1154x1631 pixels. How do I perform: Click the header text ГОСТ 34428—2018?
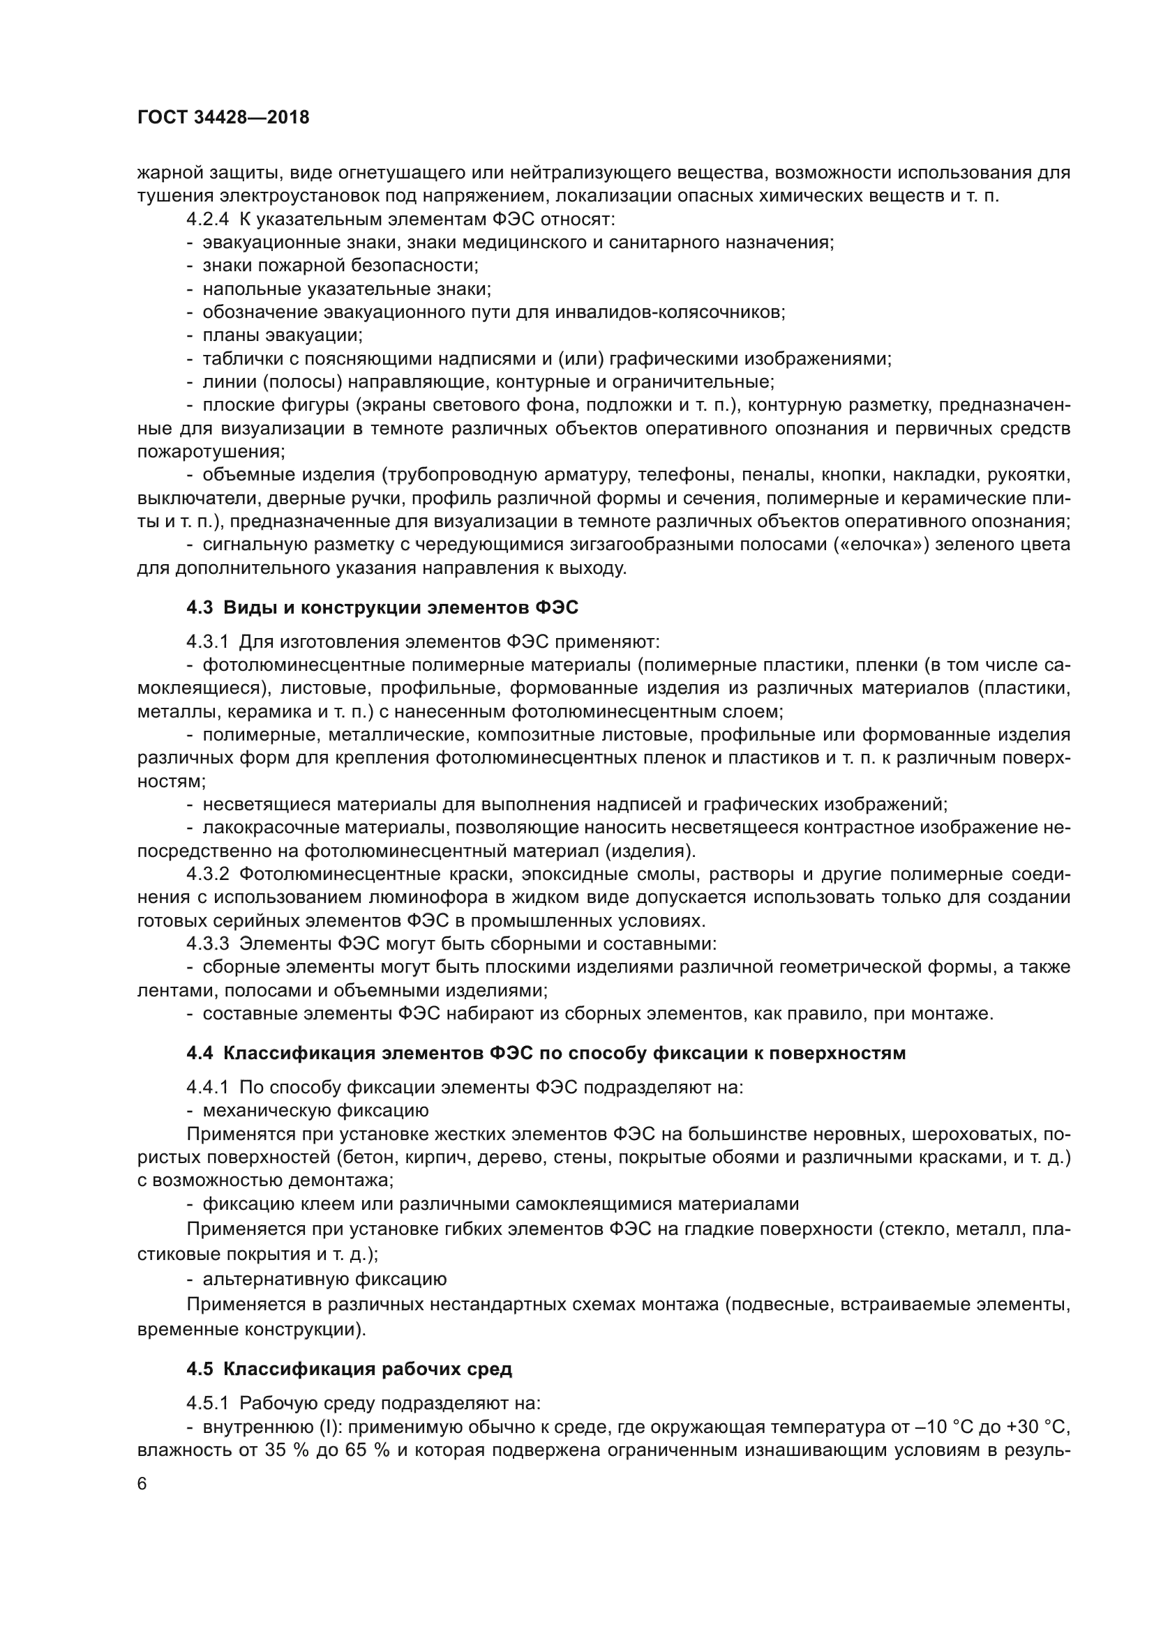tap(223, 118)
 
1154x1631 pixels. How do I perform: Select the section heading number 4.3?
tap(200, 607)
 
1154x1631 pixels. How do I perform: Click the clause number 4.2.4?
tap(207, 219)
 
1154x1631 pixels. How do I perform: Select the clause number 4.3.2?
tap(207, 874)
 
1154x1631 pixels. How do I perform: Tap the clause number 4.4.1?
tap(207, 1087)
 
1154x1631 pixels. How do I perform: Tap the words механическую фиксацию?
tap(315, 1110)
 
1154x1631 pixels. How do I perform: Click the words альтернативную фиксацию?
tap(324, 1280)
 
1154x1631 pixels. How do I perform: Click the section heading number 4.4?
tap(200, 1053)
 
